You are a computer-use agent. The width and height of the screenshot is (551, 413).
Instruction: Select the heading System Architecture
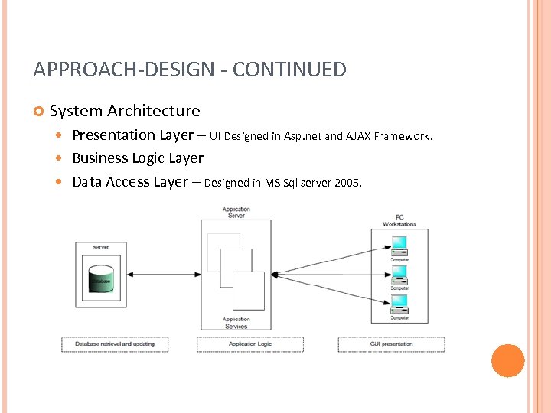pos(124,111)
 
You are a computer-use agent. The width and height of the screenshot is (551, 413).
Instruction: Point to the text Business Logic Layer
pos(138,158)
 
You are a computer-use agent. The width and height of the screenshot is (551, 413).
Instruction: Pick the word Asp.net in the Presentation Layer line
pos(302,137)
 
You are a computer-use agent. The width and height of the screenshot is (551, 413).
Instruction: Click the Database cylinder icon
pos(100,280)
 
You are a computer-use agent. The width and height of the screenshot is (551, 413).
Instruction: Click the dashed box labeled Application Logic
pos(249,344)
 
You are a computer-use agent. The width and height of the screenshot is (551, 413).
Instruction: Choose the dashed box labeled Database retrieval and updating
pos(115,344)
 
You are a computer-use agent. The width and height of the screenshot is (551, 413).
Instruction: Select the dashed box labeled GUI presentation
pos(391,344)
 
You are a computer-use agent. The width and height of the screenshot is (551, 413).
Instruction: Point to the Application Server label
pos(236,212)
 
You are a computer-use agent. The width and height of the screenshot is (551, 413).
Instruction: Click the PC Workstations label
pos(399,220)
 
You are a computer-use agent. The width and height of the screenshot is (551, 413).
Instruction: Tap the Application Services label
pos(236,323)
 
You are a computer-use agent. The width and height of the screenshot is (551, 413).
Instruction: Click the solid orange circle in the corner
pos(507,361)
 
